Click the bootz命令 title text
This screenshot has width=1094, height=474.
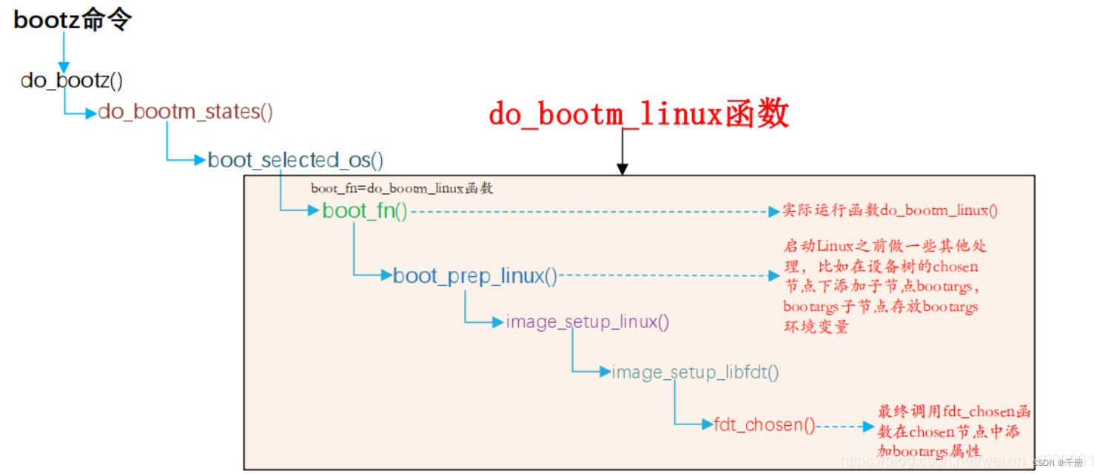(73, 20)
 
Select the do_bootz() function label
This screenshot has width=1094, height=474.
(72, 80)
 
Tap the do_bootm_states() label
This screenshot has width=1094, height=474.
(186, 113)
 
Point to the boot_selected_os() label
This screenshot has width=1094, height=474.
(295, 160)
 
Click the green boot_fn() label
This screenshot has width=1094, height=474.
(365, 211)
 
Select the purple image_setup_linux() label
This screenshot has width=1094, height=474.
(588, 322)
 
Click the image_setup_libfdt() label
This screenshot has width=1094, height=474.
(695, 373)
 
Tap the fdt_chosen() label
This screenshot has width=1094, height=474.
(765, 425)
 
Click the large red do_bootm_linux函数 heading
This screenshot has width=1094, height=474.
(638, 115)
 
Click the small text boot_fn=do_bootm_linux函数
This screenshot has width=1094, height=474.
(402, 189)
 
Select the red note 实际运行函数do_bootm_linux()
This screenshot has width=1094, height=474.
(890, 211)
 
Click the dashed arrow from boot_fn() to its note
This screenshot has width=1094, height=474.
(592, 211)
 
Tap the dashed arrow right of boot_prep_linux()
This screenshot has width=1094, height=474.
(666, 276)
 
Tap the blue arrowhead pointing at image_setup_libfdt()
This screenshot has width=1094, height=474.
(604, 372)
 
